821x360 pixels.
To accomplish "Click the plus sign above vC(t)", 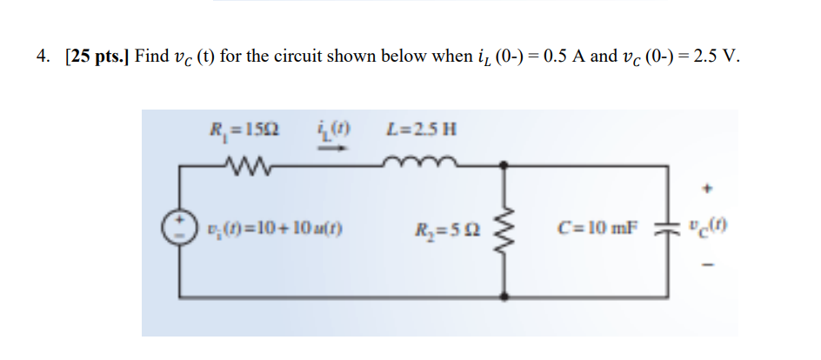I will coord(704,185).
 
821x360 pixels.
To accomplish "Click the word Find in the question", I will coord(152,57).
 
